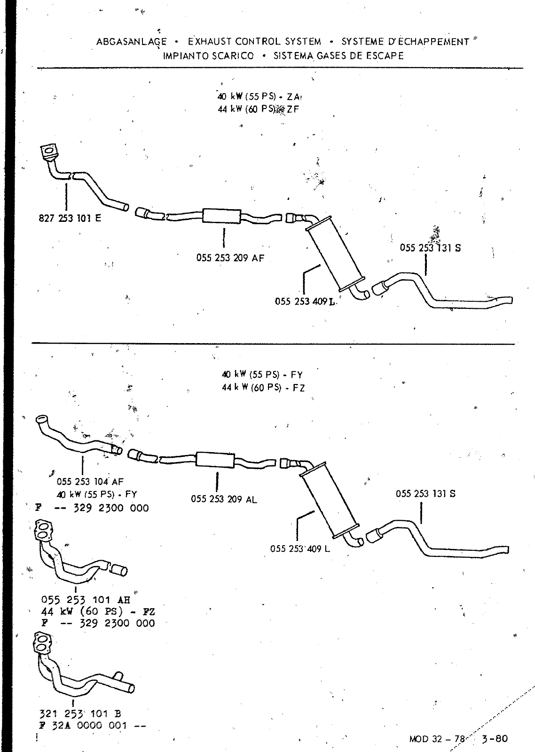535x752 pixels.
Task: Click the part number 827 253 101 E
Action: pyautogui.click(x=70, y=218)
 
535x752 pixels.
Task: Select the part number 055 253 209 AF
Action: pyautogui.click(x=230, y=258)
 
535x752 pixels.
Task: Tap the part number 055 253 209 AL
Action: pyautogui.click(x=224, y=499)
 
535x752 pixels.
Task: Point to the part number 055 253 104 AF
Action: pyautogui.click(x=90, y=481)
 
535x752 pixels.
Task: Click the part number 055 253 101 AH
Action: pyautogui.click(x=85, y=600)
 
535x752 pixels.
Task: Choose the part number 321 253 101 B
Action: pyautogui.click(x=81, y=715)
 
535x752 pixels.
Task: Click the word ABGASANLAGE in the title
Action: pyautogui.click(x=131, y=42)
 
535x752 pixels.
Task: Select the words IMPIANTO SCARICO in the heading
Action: pyautogui.click(x=208, y=56)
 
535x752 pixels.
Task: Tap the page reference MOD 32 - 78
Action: pyautogui.click(x=437, y=739)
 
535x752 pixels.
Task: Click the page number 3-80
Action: pyautogui.click(x=495, y=738)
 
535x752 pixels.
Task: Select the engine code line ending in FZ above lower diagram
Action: pyautogui.click(x=263, y=388)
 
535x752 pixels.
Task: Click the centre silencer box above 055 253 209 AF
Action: pyautogui.click(x=221, y=216)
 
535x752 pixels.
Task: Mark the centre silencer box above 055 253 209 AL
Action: pyautogui.click(x=214, y=459)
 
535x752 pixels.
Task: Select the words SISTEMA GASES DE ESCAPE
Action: pyautogui.click(x=338, y=56)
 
